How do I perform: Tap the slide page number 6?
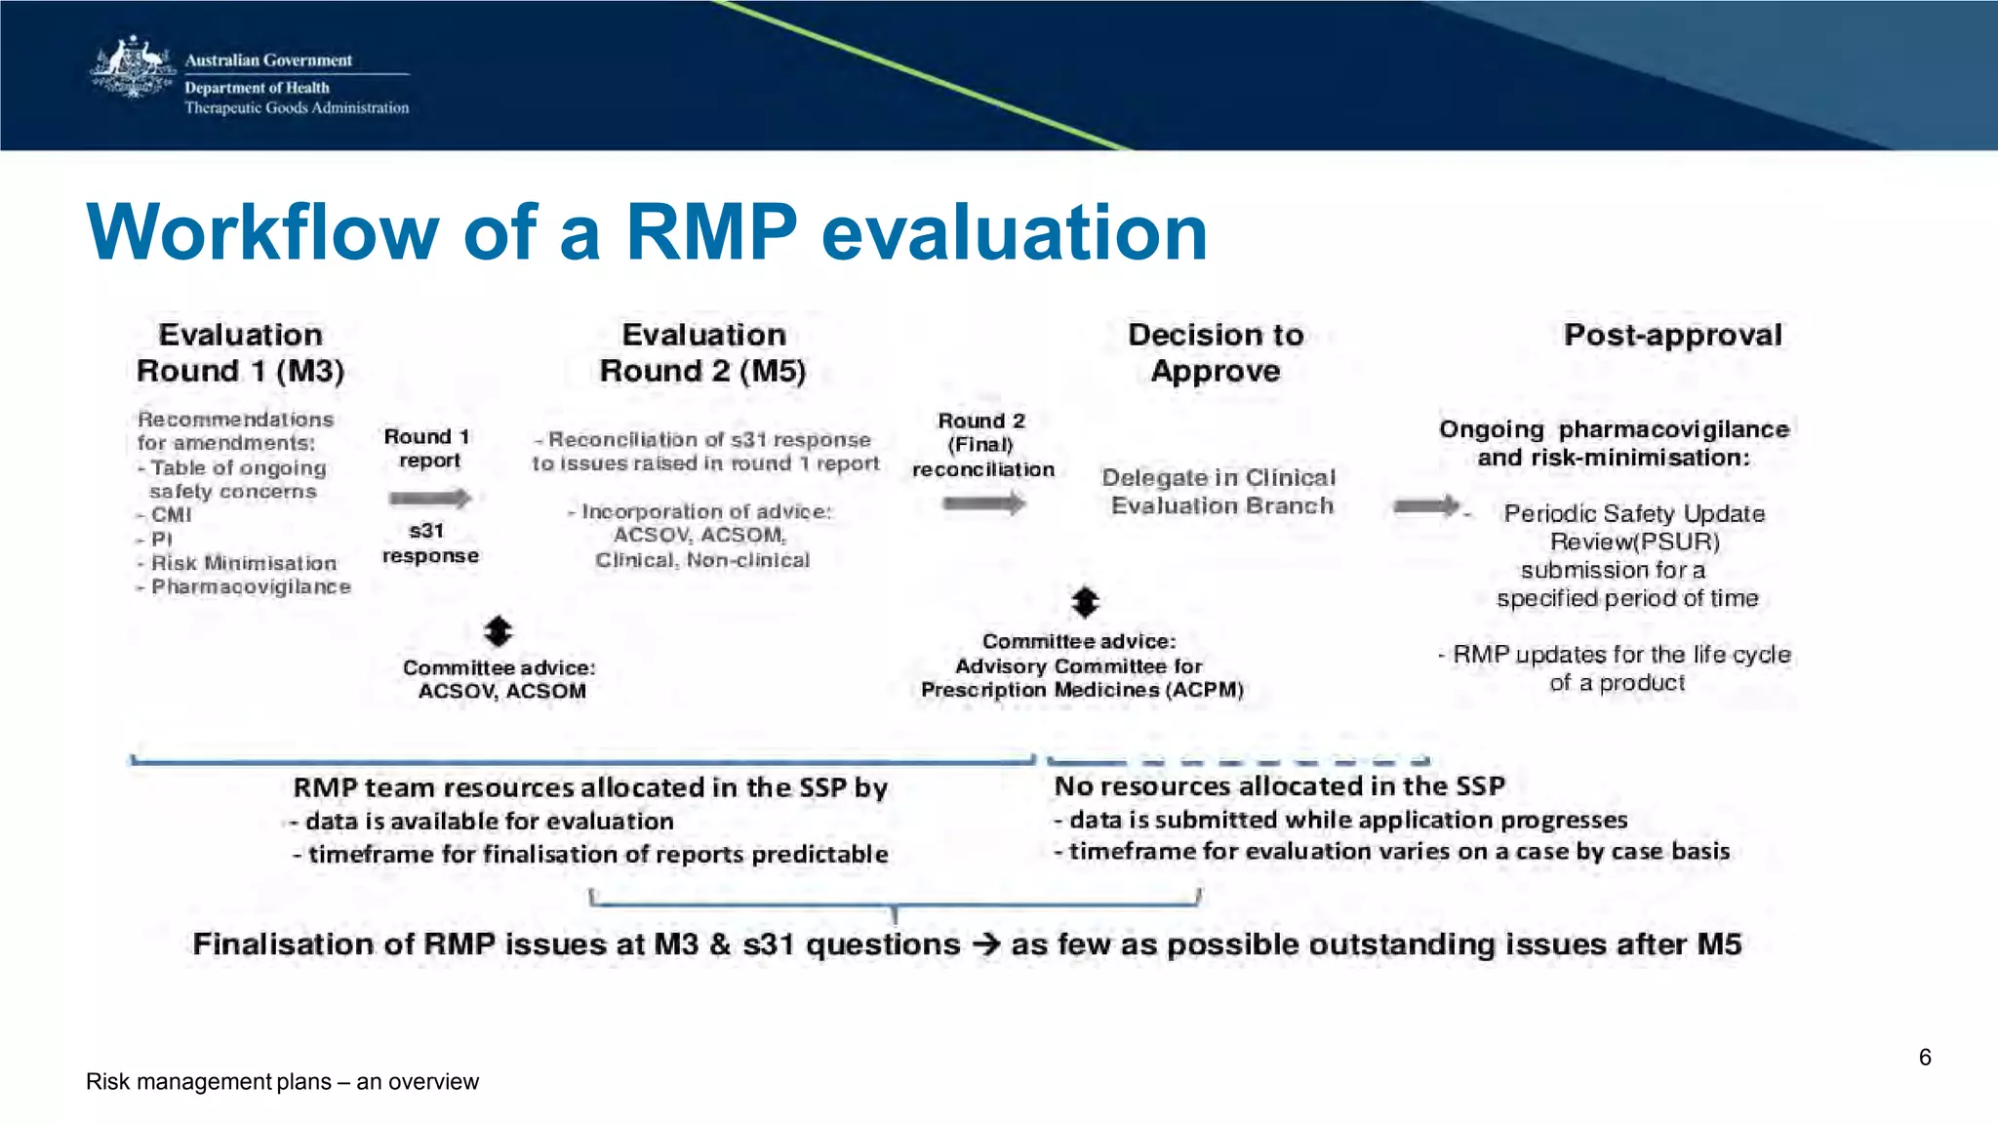click(x=1924, y=1058)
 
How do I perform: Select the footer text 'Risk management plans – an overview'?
click(x=282, y=1082)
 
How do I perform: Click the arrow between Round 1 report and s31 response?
click(x=429, y=499)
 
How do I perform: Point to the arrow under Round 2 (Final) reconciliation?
click(x=983, y=503)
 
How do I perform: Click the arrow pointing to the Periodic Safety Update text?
click(x=1425, y=505)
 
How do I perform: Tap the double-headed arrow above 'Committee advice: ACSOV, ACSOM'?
click(x=498, y=631)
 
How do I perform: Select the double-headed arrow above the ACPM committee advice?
click(x=1085, y=602)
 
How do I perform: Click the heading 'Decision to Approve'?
click(x=1216, y=352)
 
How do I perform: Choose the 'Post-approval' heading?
click(x=1672, y=335)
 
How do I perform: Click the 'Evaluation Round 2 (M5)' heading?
click(x=703, y=352)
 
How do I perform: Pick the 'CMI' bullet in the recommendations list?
click(x=171, y=515)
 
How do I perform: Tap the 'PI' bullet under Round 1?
click(x=161, y=540)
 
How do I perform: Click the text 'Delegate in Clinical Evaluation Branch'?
click(x=1219, y=492)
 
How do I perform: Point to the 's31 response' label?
click(x=429, y=543)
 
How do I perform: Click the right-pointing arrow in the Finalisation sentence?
click(x=985, y=944)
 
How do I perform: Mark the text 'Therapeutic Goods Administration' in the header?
click(x=297, y=108)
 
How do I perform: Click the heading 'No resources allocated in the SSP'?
click(x=1279, y=786)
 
